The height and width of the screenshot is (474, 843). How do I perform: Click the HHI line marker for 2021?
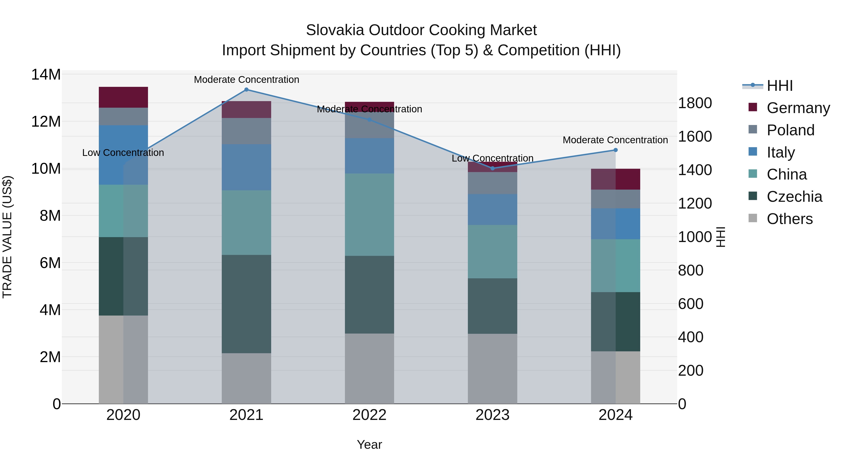pos(246,90)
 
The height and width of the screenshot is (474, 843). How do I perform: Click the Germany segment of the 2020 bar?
pos(123,97)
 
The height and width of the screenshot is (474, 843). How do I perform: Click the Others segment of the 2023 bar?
pos(492,368)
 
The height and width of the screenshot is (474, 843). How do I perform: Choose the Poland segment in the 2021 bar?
pos(246,131)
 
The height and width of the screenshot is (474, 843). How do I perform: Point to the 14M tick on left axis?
pos(46,75)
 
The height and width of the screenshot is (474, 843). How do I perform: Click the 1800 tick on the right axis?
pos(695,103)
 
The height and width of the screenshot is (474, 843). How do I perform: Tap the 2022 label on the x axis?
pos(370,415)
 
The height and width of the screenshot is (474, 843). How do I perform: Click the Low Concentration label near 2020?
pos(123,153)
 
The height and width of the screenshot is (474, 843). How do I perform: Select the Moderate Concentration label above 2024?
pos(615,140)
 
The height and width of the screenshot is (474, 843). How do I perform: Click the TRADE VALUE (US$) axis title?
pos(7,237)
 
